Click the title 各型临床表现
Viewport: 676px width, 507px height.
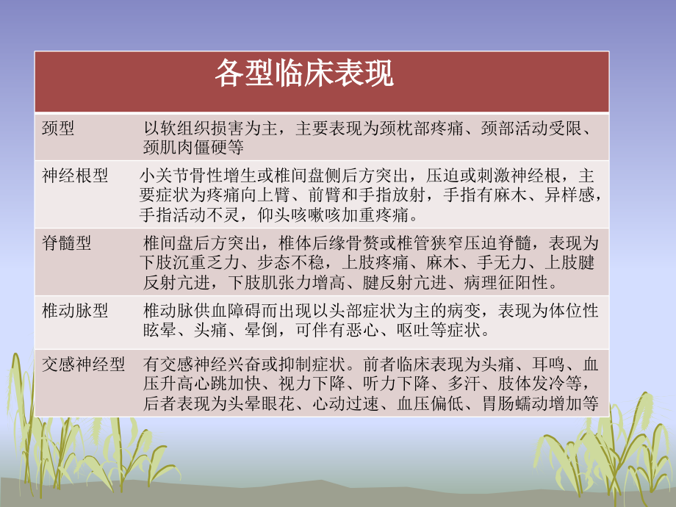coord(304,74)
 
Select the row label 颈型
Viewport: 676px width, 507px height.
coord(58,129)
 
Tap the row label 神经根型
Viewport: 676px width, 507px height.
coord(75,176)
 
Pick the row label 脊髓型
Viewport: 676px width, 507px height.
coord(66,244)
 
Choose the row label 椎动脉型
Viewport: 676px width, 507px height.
coord(75,311)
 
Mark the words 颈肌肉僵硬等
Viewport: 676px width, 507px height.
coord(193,148)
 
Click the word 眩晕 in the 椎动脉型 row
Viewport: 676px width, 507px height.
coord(159,331)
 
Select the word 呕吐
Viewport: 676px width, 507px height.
coord(395,331)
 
